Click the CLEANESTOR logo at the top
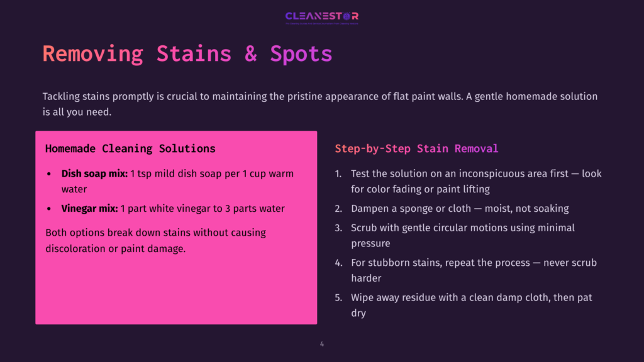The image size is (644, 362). (321, 16)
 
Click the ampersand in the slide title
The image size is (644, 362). (251, 53)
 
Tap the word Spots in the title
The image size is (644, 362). (301, 53)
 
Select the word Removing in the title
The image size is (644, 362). (93, 53)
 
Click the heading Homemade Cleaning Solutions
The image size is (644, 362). (130, 149)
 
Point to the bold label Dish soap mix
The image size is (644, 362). (94, 173)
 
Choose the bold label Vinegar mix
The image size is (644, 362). (89, 209)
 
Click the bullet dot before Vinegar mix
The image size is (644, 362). (50, 209)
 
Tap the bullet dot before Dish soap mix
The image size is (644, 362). (50, 173)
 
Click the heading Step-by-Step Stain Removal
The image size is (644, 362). (416, 149)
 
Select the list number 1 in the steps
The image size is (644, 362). (338, 173)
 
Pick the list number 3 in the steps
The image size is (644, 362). (338, 228)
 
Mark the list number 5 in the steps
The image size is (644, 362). (338, 297)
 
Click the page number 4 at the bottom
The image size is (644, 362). (322, 344)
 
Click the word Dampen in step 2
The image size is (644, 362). (371, 209)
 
